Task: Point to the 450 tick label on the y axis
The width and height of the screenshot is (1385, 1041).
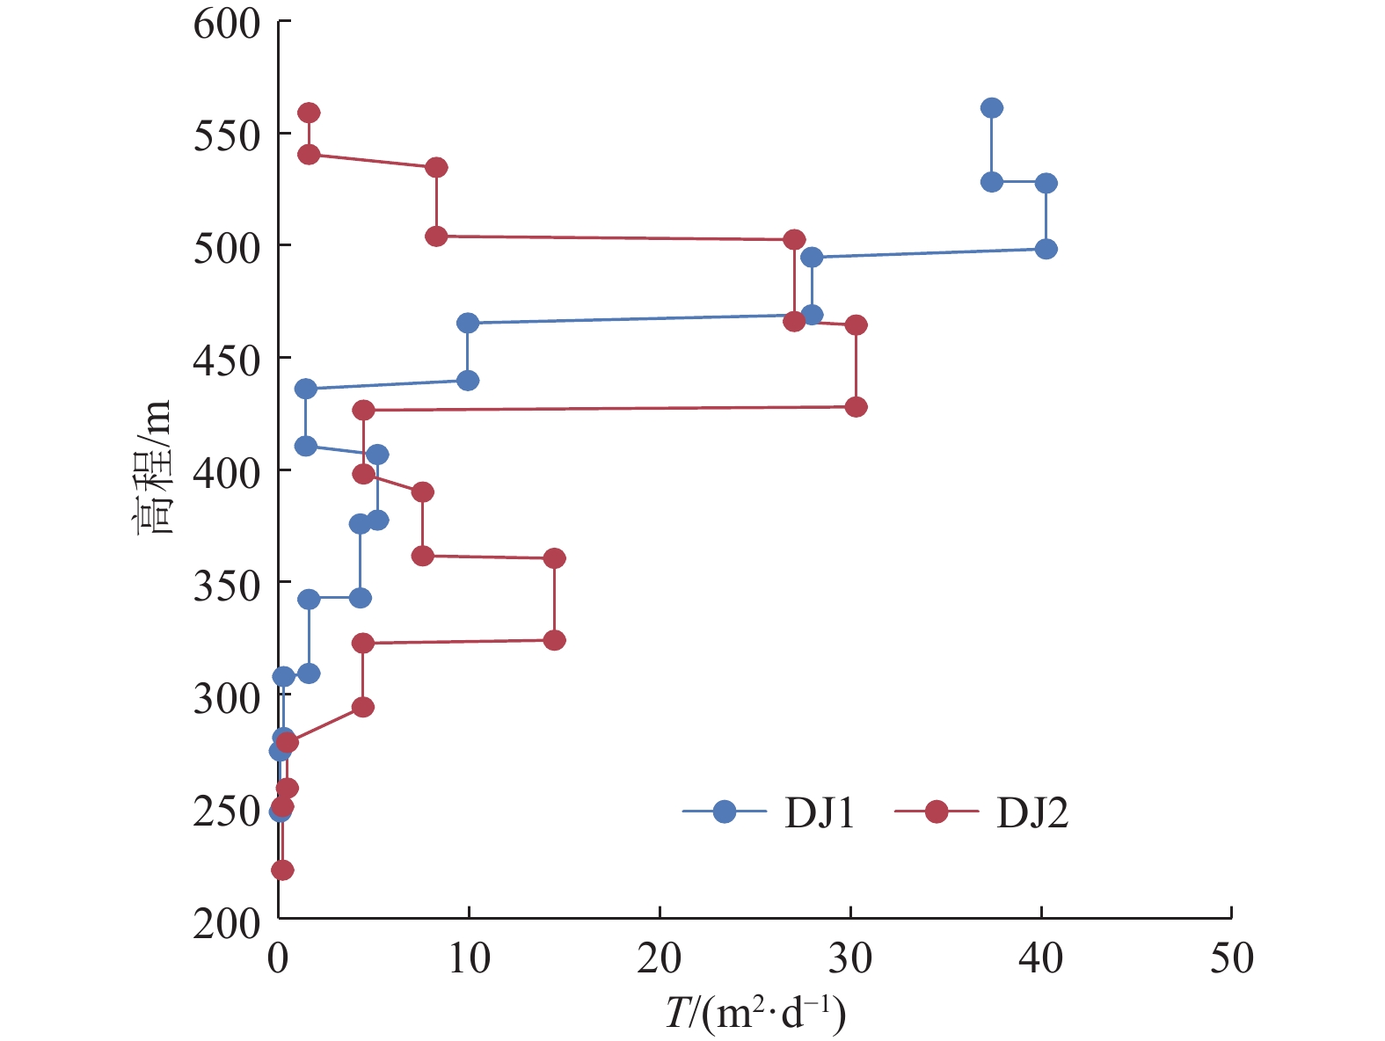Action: (227, 360)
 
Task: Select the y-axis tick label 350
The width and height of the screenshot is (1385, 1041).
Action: (227, 585)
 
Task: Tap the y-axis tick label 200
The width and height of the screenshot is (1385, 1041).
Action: (227, 923)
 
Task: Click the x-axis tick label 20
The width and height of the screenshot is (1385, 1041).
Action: (660, 957)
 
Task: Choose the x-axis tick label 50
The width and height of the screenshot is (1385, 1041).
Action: (1231, 957)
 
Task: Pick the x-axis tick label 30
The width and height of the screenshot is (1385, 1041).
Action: (850, 957)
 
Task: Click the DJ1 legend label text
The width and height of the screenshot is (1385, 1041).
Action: (820, 813)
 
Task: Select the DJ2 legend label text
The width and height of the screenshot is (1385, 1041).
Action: (1032, 813)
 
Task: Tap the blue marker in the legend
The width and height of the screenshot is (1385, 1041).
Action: (724, 812)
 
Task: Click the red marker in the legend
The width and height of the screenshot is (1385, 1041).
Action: (937, 812)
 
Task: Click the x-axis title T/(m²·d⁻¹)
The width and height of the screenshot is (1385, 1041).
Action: (754, 1015)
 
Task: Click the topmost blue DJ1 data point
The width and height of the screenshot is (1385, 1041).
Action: (992, 108)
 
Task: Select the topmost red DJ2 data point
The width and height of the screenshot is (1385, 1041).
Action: (309, 113)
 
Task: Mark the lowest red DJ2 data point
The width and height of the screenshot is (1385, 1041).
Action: (282, 870)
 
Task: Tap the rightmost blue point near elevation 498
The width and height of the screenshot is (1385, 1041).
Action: (1046, 249)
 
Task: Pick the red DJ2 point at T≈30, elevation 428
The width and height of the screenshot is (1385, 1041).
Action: (856, 407)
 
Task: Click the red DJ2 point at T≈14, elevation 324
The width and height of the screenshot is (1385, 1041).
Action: (554, 640)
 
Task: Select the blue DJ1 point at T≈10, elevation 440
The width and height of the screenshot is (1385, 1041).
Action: (468, 381)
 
